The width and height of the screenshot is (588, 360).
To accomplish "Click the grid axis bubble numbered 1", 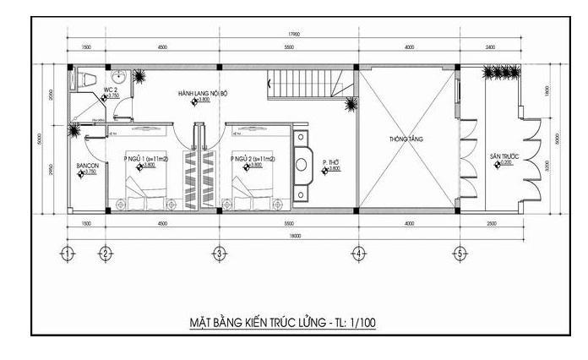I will [x=68, y=253].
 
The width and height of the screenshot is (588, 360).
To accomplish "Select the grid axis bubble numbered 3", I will [x=218, y=253].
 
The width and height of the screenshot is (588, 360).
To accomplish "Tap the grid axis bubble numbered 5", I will [x=460, y=253].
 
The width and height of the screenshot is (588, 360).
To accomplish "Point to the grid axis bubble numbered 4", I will [x=358, y=253].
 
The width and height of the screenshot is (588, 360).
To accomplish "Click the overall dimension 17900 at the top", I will [x=292, y=35].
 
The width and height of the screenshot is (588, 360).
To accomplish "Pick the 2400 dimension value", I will [x=490, y=47].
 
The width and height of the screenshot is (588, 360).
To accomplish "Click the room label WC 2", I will [x=110, y=89].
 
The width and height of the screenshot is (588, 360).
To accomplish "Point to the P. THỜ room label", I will [x=331, y=161].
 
